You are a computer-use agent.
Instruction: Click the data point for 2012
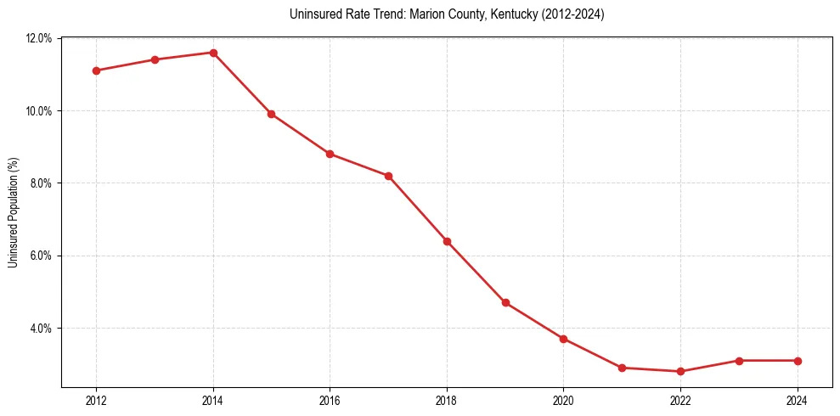pos(96,70)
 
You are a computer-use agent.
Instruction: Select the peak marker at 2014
pos(213,53)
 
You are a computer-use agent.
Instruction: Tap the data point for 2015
pos(271,114)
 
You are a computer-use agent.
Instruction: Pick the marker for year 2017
pos(388,176)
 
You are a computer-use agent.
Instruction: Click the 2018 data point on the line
pos(447,241)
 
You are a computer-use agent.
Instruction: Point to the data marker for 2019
pos(505,302)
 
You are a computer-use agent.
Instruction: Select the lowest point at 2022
pos(680,371)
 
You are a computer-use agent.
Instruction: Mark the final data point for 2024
pos(798,361)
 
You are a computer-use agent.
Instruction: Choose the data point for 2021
pos(622,368)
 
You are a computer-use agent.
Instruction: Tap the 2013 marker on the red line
pos(155,59)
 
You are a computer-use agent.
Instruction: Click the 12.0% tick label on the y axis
pos(39,38)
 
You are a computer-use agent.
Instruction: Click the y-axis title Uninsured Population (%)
pos(14,212)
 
